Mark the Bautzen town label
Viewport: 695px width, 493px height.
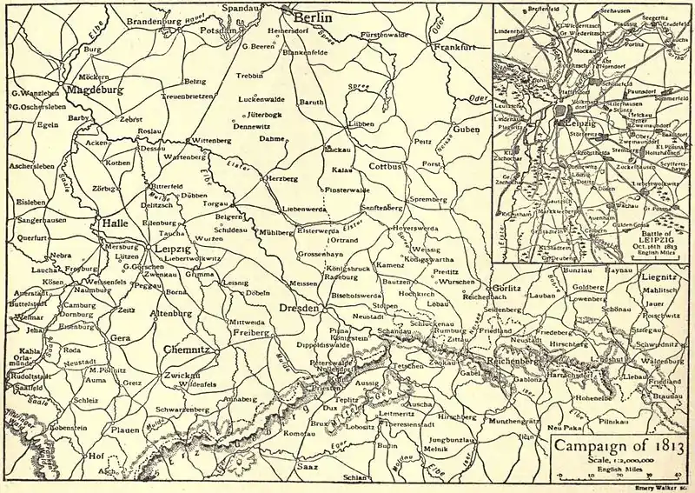coord(397,283)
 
